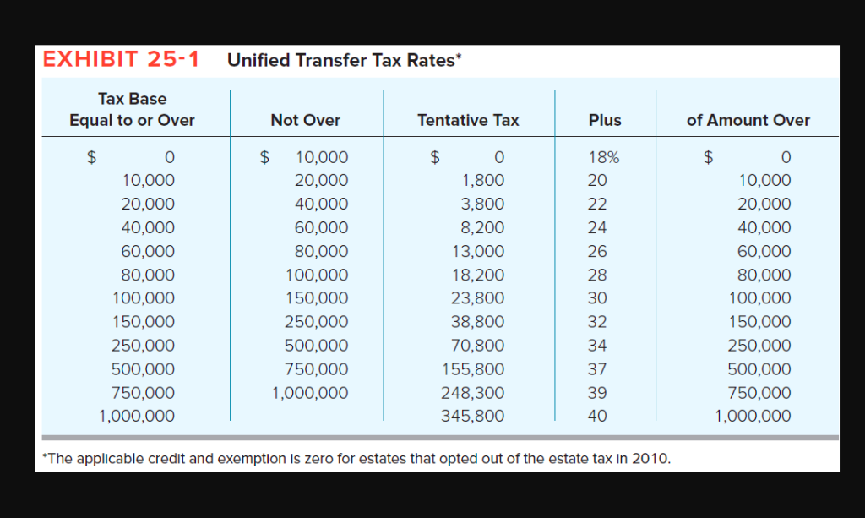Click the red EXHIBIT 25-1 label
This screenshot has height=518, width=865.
[121, 60]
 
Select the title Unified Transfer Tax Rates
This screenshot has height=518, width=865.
[344, 61]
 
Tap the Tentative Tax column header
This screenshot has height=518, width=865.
[468, 120]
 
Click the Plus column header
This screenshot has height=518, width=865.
[604, 120]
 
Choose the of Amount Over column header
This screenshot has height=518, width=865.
[748, 120]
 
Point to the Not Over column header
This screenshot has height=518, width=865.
[305, 120]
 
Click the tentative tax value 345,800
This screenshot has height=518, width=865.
[473, 416]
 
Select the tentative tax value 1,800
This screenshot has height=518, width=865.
[483, 180]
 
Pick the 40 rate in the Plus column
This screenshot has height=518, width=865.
[597, 416]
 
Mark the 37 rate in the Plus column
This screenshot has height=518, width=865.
[597, 369]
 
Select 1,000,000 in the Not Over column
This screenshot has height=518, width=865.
[309, 393]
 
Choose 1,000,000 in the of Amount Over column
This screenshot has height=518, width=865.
[753, 416]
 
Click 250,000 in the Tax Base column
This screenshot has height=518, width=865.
[144, 346]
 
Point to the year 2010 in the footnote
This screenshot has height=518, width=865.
[653, 460]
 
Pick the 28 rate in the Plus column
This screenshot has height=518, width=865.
[597, 275]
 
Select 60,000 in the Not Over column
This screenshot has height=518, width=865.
[321, 227]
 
